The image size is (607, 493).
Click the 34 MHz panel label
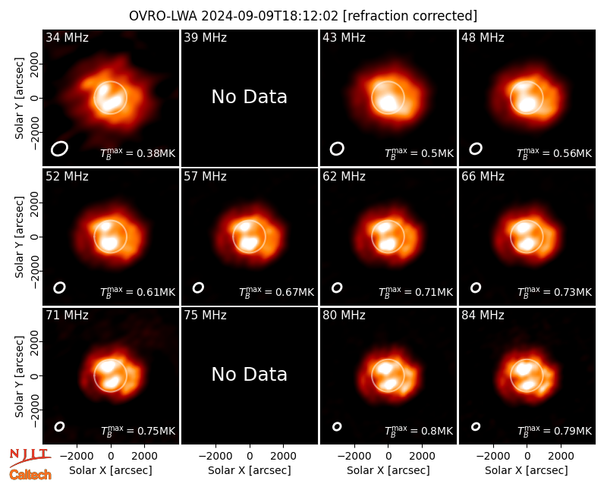[67, 37]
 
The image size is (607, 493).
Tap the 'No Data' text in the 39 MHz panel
[250, 97]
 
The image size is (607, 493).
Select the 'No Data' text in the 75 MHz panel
[250, 375]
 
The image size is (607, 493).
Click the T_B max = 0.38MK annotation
[138, 153]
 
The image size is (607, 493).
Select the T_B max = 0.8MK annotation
[419, 431]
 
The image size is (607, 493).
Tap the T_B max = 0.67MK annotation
[276, 292]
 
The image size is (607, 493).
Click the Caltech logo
[30, 475]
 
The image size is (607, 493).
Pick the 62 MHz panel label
[344, 177]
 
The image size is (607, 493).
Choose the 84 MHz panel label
[483, 316]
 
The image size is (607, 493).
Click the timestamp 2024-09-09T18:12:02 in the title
[270, 16]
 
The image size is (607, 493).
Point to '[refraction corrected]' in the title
[410, 16]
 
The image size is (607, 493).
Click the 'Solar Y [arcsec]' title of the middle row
[19, 237]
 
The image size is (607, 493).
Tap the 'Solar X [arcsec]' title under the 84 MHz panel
[527, 470]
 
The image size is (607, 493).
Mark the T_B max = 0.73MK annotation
[555, 292]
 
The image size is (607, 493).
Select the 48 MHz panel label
[483, 37]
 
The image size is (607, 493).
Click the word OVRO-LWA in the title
[163, 16]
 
